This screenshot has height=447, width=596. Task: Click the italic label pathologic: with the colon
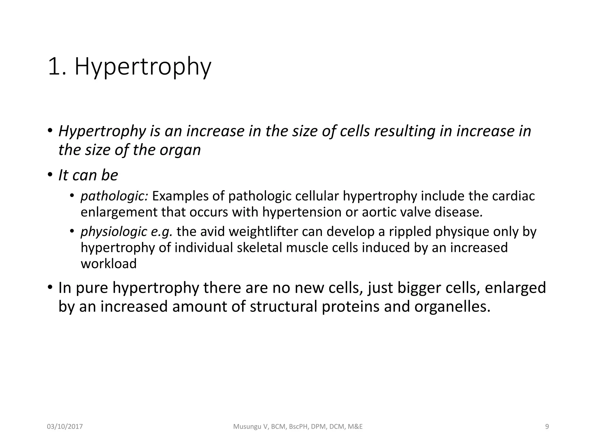click(x=114, y=196)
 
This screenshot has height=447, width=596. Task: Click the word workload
click(x=109, y=264)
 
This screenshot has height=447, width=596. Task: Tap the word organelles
click(x=452, y=307)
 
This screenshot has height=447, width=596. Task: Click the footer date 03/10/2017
click(x=65, y=427)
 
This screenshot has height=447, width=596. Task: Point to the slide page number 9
click(x=547, y=427)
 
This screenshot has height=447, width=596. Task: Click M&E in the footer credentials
click(x=355, y=427)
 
